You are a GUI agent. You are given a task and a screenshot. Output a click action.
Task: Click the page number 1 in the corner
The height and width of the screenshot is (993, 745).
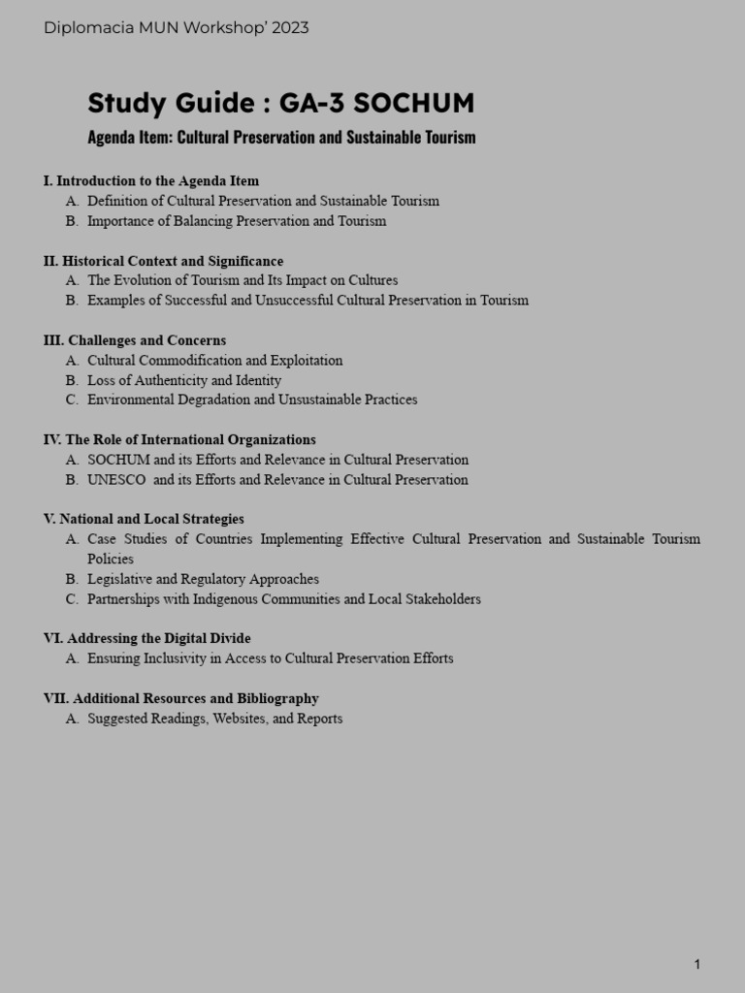coord(696,964)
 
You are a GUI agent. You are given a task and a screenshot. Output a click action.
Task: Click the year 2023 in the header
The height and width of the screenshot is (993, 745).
coord(290,28)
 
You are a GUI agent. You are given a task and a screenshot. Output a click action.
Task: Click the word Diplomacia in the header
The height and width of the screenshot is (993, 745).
coord(85,28)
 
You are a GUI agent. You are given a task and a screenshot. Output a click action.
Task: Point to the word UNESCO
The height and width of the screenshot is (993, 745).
coord(116,480)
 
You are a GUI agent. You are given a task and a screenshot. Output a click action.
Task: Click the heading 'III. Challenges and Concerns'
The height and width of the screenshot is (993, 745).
coord(135,340)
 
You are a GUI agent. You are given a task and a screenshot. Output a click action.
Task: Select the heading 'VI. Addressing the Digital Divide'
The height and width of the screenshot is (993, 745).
coord(147,638)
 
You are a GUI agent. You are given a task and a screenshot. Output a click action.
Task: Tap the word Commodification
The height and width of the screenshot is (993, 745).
coord(205,361)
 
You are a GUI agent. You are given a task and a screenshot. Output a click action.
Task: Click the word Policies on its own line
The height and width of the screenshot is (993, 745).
coord(111,560)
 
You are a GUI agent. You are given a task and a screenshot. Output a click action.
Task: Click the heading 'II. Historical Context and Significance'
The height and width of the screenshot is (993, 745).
coord(164,261)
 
